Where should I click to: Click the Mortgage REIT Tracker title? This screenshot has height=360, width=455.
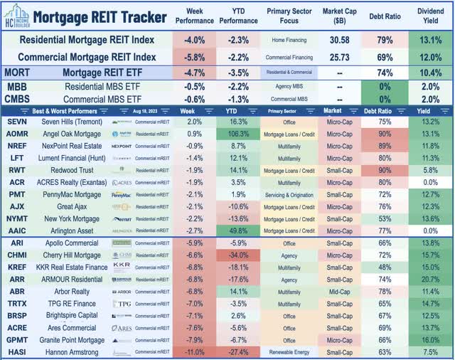coord(100,16)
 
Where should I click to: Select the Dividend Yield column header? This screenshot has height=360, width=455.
coord(431,16)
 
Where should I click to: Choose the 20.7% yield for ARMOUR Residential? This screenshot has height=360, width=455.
coord(431,279)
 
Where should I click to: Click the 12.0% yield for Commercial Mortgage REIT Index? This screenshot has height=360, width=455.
coord(431,56)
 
